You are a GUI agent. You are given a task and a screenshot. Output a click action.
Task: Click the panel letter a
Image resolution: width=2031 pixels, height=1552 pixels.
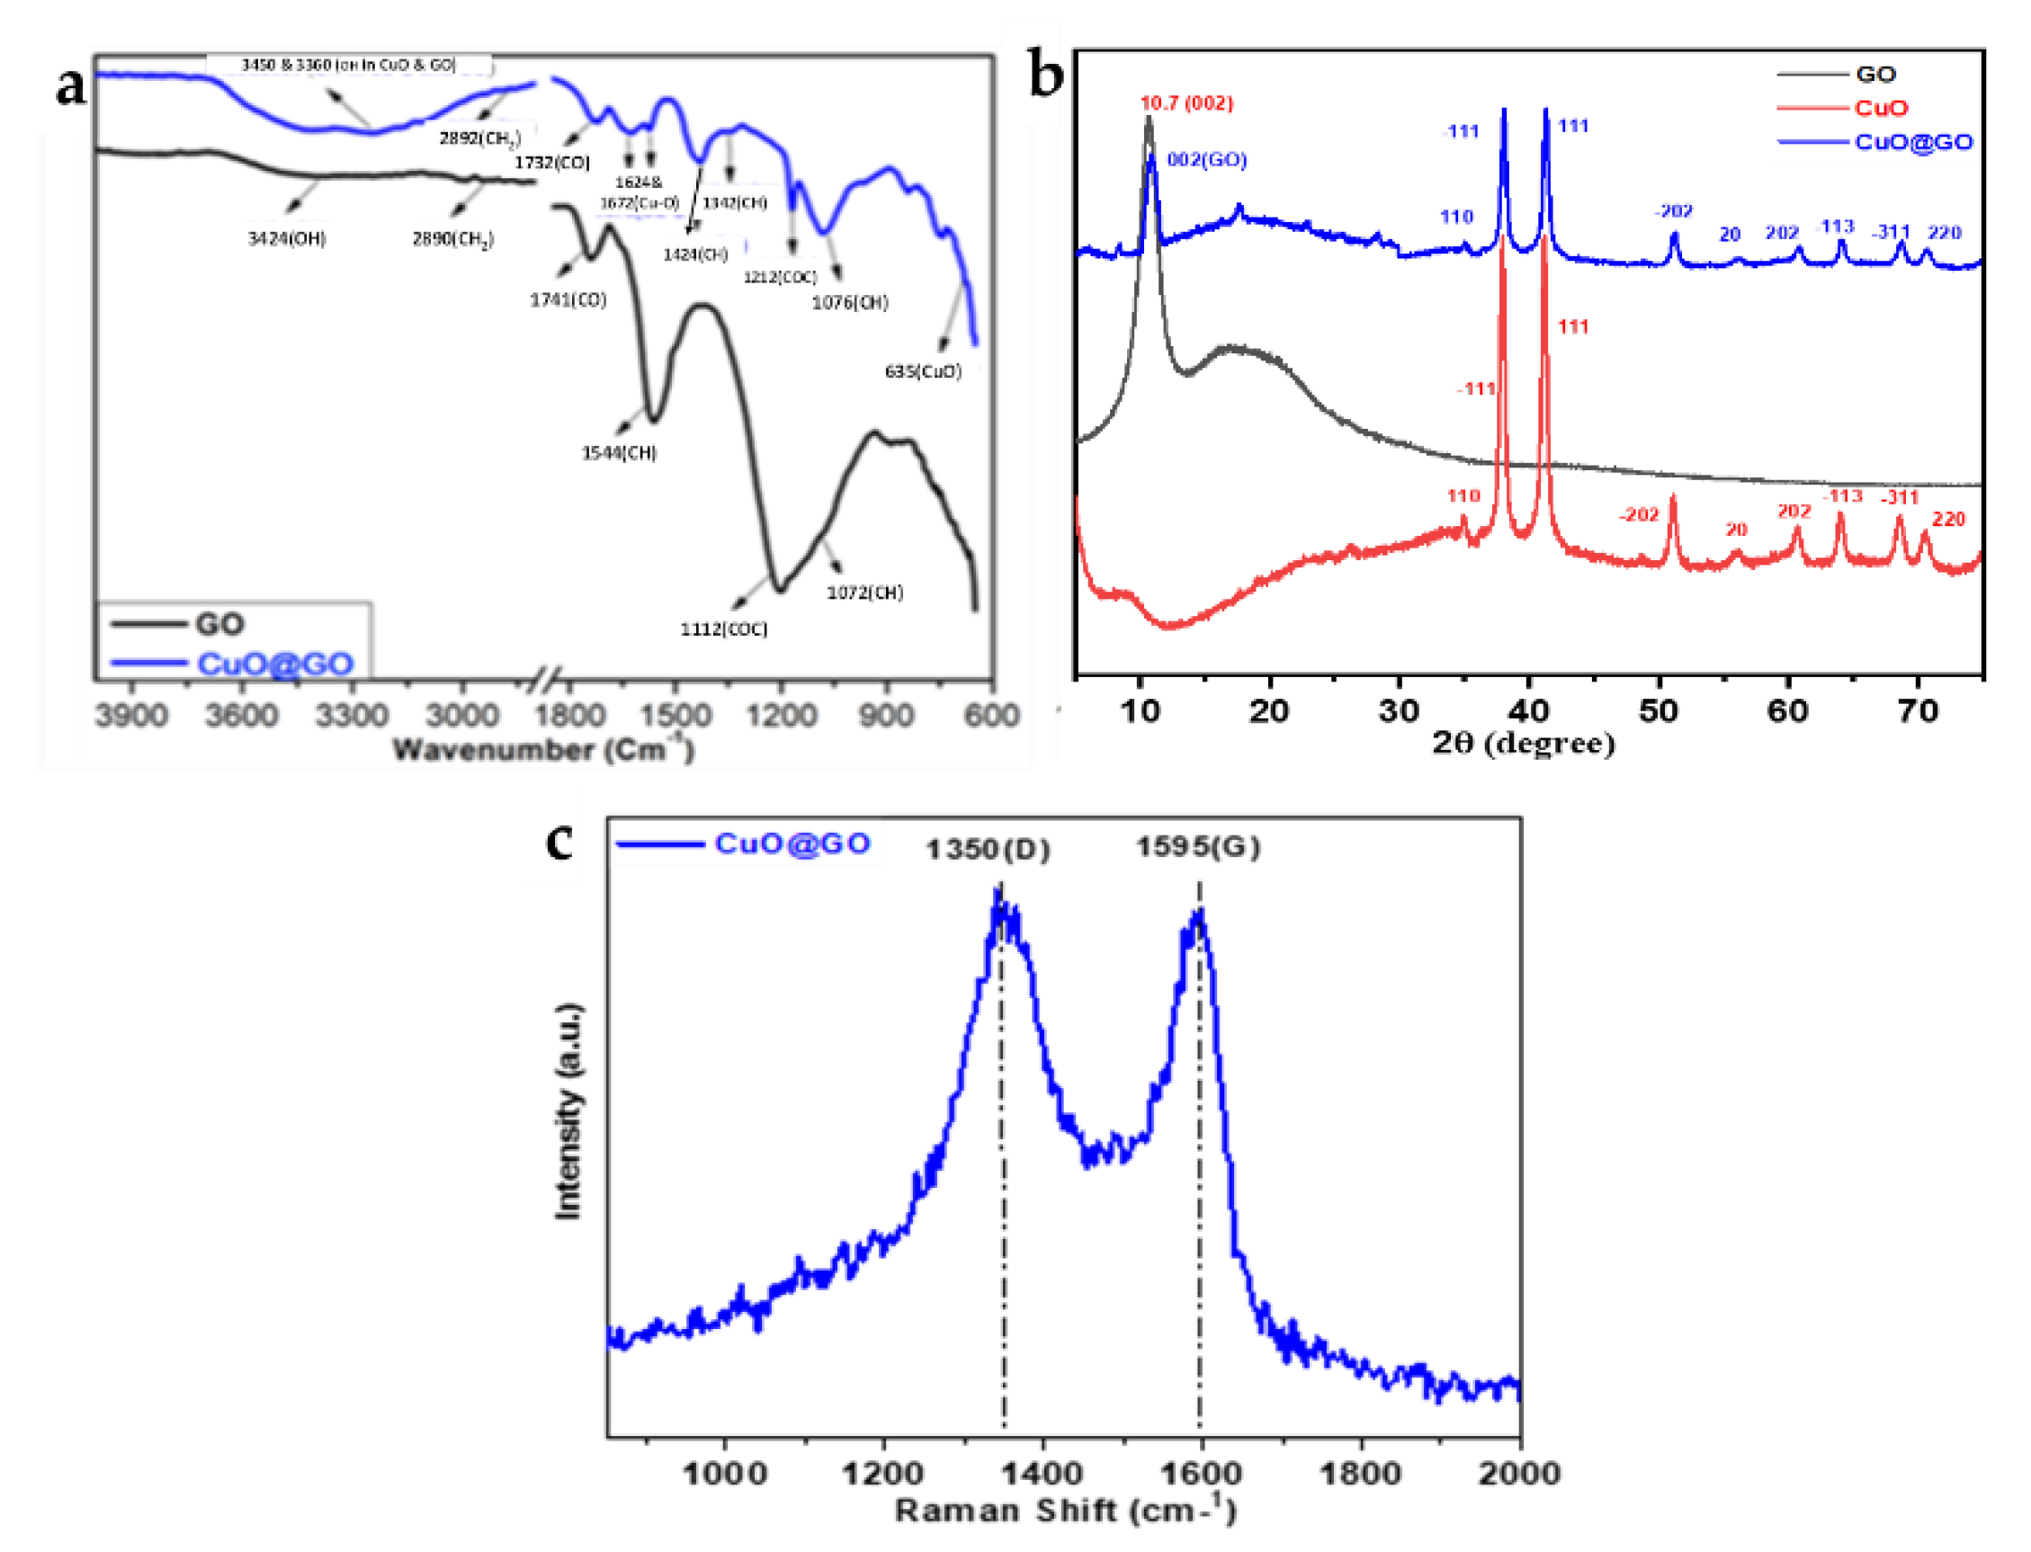pos(71,88)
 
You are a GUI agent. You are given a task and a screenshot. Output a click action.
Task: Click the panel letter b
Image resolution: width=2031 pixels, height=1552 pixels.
pos(1046,76)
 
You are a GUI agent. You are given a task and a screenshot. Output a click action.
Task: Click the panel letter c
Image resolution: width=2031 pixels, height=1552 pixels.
pos(560,841)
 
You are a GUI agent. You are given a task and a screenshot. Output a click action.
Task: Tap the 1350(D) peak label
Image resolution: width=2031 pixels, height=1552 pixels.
pos(988,849)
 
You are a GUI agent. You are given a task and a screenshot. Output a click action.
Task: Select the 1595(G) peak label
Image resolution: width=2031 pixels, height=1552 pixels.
pos(1197,847)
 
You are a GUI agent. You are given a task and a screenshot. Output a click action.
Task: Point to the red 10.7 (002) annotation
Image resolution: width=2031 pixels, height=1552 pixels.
pos(1186,103)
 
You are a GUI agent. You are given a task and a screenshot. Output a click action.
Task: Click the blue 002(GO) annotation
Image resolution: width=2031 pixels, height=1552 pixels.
pos(1207,160)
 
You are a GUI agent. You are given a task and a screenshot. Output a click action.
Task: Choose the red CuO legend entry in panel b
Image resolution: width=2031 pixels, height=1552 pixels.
pos(1882,108)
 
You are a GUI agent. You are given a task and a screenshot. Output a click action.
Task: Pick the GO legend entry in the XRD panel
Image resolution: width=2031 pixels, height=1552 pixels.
pos(1875,74)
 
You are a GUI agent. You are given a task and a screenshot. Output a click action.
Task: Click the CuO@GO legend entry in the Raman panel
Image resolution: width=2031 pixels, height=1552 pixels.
pos(792,843)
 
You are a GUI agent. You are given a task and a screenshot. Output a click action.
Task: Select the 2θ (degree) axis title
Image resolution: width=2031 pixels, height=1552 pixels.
pos(1524,743)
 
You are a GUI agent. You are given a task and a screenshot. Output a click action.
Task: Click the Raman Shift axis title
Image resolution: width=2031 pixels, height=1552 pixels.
pos(1064,1511)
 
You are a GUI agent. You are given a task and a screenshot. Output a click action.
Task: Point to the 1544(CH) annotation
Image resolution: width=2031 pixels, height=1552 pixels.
pos(618,452)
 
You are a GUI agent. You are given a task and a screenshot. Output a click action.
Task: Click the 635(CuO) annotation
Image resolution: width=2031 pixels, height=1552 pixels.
pos(923,371)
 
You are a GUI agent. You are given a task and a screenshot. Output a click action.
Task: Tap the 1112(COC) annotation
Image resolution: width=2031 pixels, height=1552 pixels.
pos(723,629)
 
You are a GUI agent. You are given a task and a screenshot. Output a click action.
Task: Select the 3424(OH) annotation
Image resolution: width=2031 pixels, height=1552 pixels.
pos(286,239)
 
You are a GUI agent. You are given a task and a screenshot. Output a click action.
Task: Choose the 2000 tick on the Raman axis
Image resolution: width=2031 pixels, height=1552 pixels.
pos(1519,1473)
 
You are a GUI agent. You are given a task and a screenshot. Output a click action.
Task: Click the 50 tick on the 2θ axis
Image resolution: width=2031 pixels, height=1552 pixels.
pos(1659,710)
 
